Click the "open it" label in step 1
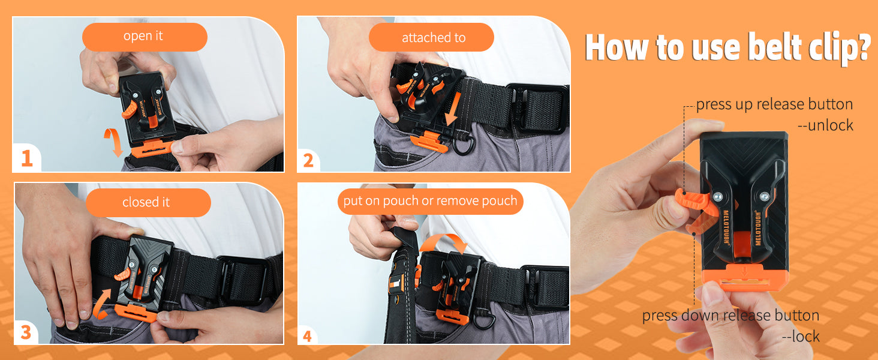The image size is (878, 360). (143, 36)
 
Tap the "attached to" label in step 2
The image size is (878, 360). (434, 38)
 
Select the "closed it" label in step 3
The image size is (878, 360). (146, 202)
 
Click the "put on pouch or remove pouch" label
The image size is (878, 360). (430, 201)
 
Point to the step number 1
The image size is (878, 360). (26, 159)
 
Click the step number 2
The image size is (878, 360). (308, 160)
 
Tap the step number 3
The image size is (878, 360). (26, 332)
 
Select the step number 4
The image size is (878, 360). (307, 336)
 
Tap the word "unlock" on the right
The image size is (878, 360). (830, 125)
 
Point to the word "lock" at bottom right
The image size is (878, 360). (805, 336)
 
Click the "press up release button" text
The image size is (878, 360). (774, 104)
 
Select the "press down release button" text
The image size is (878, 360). (730, 315)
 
